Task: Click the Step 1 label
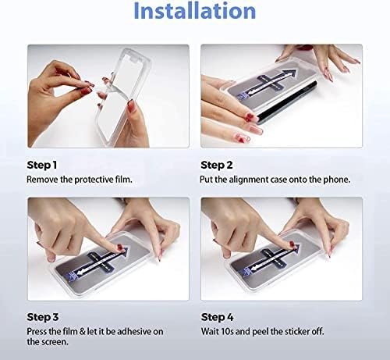[42, 165]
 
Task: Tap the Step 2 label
[217, 165]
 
